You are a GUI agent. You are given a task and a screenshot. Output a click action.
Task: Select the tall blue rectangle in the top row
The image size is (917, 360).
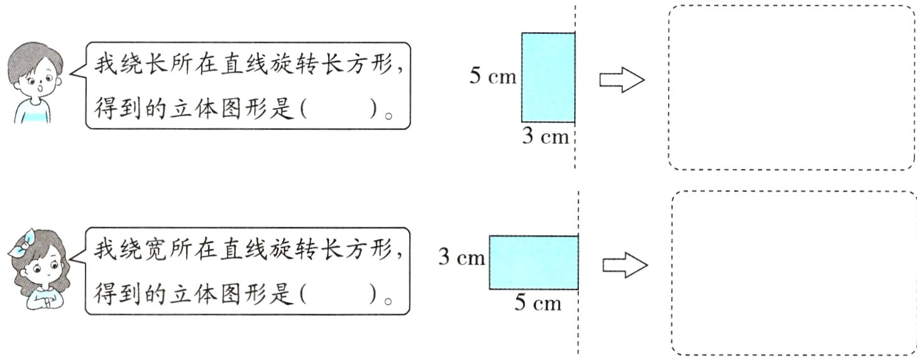547,77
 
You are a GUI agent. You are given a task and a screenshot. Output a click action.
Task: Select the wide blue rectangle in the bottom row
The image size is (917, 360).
533,262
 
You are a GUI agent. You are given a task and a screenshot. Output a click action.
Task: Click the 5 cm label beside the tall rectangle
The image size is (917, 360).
493,77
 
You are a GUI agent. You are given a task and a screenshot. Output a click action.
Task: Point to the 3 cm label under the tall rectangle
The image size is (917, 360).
545,136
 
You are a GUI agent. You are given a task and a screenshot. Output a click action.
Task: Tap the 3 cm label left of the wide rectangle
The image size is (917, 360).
461,258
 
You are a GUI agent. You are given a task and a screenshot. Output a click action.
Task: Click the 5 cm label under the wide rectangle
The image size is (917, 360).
537,303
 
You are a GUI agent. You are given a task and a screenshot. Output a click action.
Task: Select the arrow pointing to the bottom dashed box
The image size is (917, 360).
625,265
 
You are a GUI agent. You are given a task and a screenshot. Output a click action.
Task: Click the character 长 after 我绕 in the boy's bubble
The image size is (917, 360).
156,63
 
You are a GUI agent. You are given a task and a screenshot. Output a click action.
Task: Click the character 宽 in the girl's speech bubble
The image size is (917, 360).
156,250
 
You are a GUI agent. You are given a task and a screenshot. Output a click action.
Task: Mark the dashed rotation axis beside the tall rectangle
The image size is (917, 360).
575,151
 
